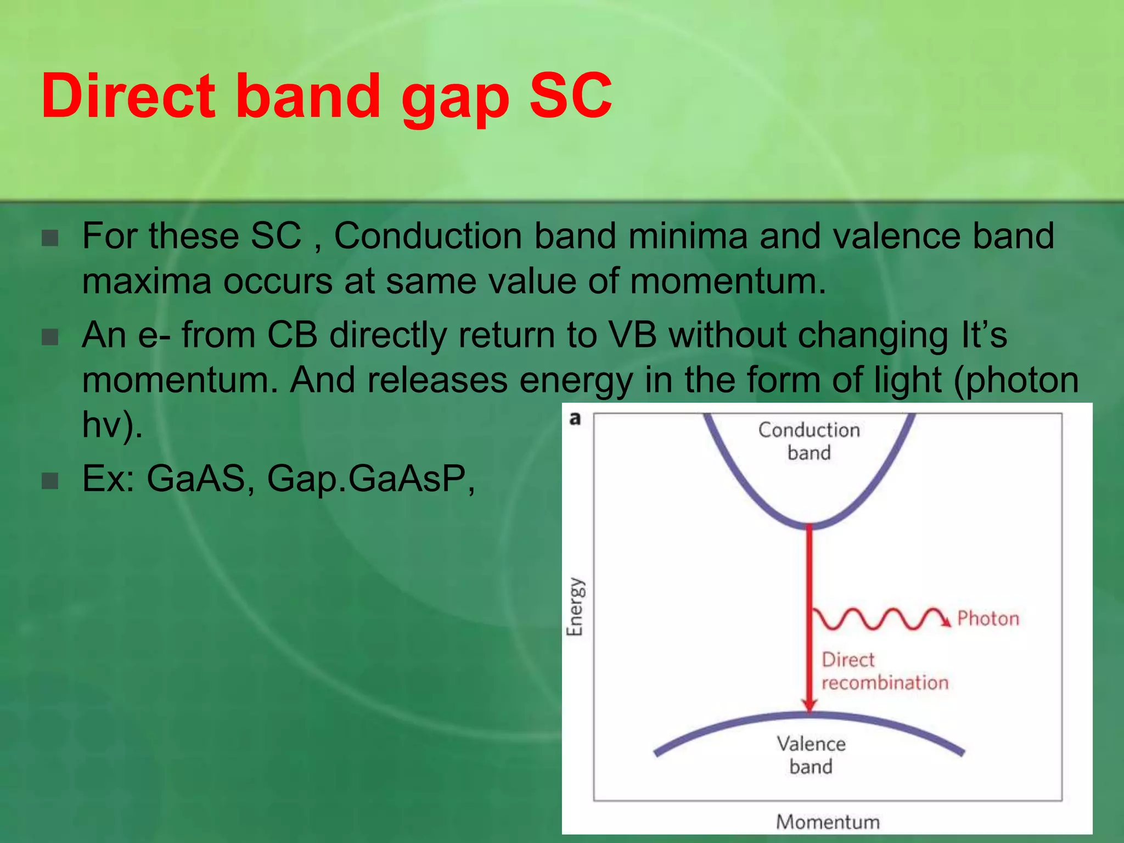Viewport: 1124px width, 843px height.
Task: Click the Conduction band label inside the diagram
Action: click(809, 441)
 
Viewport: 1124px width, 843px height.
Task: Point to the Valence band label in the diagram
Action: click(811, 755)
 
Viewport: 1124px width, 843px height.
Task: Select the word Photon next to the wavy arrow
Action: click(988, 619)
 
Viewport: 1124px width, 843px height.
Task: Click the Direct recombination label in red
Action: click(884, 671)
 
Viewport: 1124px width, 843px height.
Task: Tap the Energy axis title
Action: click(575, 606)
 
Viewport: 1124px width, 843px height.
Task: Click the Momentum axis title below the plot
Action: click(828, 822)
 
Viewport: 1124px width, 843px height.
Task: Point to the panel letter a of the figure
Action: click(575, 419)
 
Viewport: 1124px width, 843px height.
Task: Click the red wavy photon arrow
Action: click(878, 619)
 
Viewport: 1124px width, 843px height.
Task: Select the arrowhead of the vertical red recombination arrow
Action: click(809, 705)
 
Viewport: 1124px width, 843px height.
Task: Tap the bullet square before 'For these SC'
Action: click(50, 238)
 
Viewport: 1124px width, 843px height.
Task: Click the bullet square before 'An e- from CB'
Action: click(50, 337)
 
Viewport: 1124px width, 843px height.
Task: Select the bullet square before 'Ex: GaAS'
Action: click(50, 480)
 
